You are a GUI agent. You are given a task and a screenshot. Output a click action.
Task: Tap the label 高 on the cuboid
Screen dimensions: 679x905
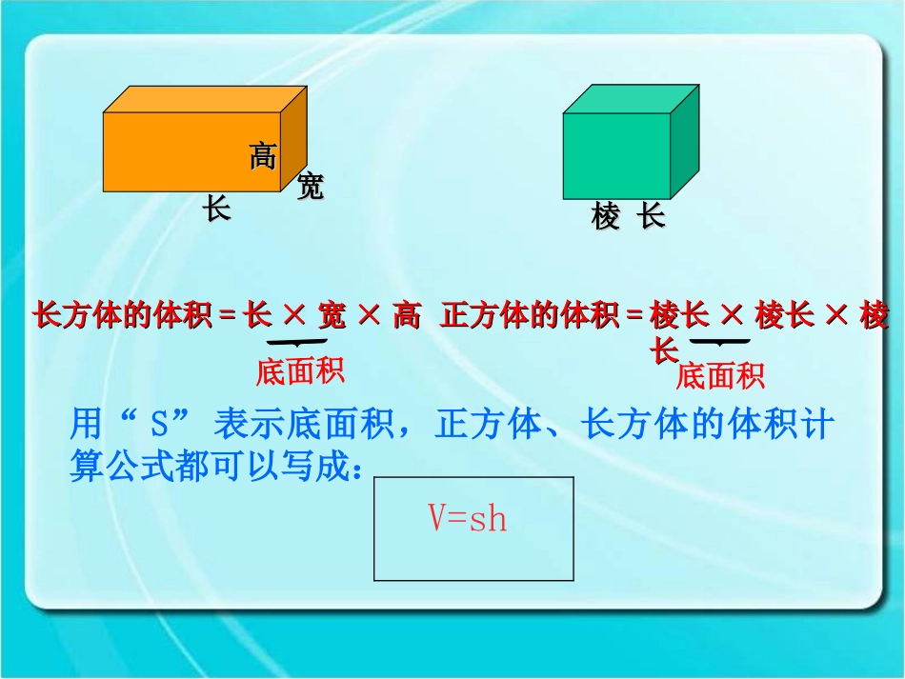263,155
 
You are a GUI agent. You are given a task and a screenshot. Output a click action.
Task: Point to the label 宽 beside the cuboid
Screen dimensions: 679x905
310,186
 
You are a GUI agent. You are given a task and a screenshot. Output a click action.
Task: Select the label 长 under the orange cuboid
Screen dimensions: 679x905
217,209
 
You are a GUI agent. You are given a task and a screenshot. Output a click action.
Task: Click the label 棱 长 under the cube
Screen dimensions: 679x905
627,217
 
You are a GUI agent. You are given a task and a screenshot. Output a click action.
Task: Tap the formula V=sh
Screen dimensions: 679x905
468,519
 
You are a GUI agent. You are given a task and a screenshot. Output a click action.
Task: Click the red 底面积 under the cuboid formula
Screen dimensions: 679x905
299,371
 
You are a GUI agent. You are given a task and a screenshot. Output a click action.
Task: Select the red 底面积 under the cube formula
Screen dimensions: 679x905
719,376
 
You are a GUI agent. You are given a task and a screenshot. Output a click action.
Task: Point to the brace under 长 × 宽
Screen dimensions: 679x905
297,342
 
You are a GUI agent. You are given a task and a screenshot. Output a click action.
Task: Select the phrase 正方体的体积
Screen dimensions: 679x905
530,315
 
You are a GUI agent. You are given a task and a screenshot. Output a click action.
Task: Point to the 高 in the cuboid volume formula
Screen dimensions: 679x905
407,315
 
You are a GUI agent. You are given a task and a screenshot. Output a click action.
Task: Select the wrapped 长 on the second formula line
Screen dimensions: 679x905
664,349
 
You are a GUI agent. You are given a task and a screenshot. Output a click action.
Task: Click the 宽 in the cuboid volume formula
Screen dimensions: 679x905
332,315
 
